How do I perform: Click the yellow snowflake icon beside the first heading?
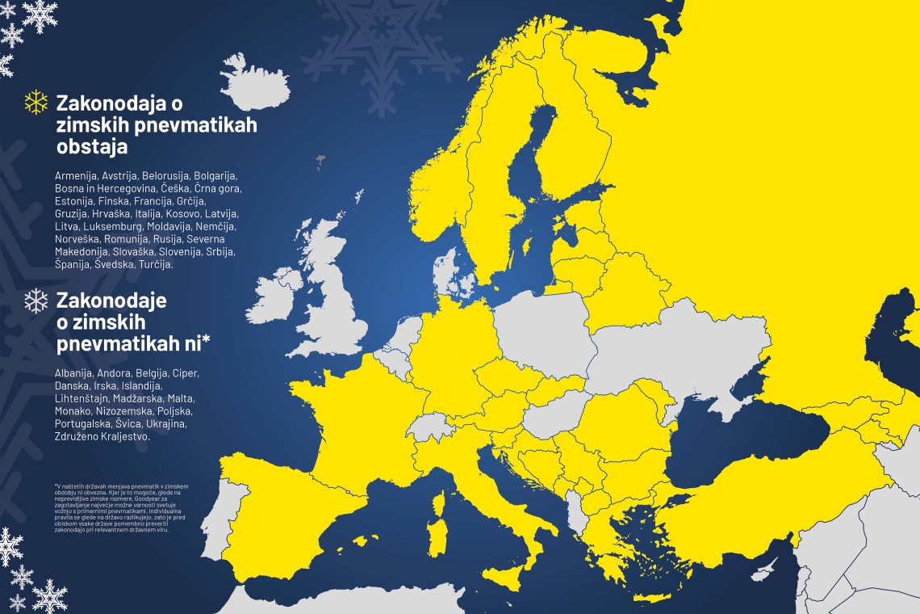[36, 102]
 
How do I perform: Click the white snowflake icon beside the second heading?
[36, 301]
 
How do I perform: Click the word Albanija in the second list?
[73, 373]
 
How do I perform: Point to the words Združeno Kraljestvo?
[102, 436]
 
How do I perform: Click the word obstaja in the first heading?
[91, 149]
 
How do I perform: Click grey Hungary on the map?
[557, 416]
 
